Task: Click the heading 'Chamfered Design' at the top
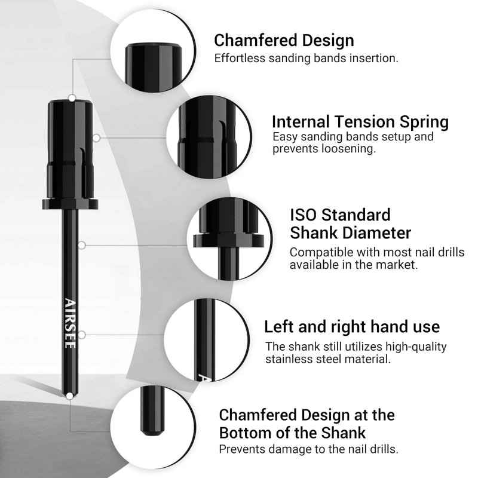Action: (x=284, y=41)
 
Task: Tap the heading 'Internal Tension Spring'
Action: (x=360, y=122)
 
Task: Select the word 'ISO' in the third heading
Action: (x=303, y=215)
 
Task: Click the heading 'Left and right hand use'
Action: (x=352, y=326)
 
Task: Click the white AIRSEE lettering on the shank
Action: (x=70, y=323)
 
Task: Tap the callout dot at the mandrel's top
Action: (x=72, y=98)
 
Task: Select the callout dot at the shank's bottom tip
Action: (x=70, y=396)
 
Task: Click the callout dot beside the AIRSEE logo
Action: (x=82, y=335)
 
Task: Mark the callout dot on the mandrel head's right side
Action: (x=96, y=138)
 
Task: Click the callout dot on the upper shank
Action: (x=82, y=245)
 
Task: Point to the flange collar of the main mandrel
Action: (x=70, y=204)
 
